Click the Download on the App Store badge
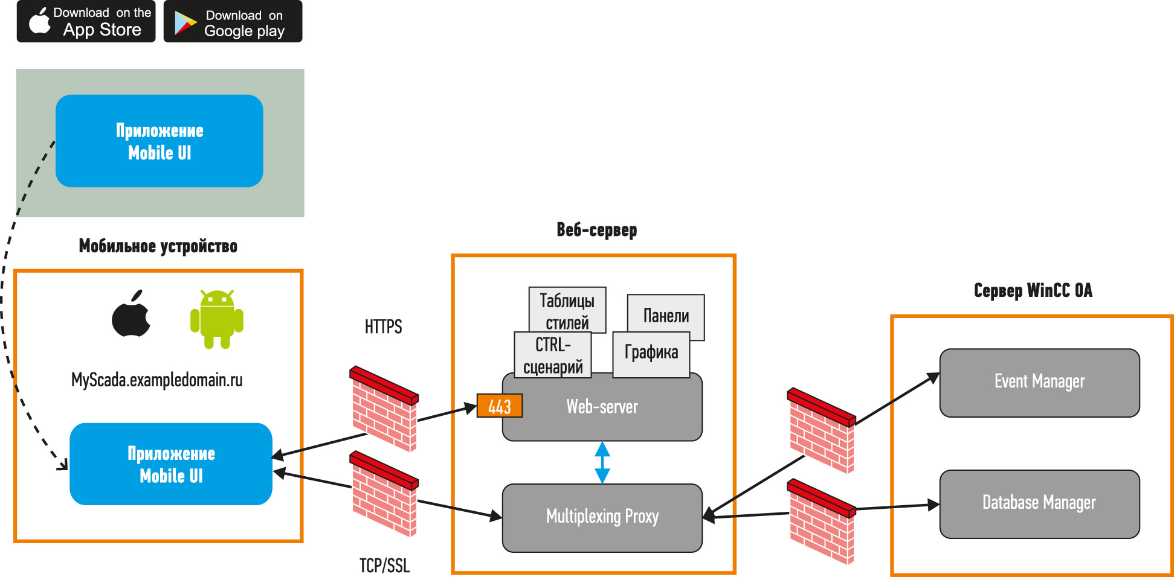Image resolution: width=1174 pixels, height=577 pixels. click(x=86, y=22)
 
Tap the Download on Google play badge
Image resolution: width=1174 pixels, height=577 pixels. click(x=233, y=22)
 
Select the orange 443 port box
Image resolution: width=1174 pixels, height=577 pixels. click(x=500, y=406)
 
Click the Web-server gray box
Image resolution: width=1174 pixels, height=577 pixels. click(x=602, y=407)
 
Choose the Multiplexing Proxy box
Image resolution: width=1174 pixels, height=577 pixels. click(x=602, y=517)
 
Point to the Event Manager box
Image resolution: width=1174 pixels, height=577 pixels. click(x=1039, y=382)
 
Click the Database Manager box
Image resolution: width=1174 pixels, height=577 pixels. click(x=1039, y=504)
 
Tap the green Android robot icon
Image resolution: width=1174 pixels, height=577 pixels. click(x=217, y=319)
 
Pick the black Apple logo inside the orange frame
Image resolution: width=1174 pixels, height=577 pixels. click(x=131, y=313)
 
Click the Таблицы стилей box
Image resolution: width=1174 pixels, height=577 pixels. click(x=567, y=310)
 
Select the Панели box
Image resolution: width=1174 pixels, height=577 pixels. click(x=666, y=316)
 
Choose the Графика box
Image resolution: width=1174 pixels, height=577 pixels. click(x=651, y=354)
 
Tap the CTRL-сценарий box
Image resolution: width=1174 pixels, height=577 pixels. click(x=553, y=355)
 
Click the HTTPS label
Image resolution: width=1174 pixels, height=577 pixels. click(x=383, y=327)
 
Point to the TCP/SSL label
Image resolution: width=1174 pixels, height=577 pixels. click(x=384, y=566)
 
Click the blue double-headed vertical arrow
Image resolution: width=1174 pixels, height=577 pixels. click(x=602, y=462)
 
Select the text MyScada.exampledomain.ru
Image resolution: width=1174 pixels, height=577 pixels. click(x=157, y=380)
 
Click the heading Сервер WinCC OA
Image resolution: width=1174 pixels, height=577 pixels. click(x=1033, y=290)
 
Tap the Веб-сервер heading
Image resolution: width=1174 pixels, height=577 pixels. click(x=597, y=229)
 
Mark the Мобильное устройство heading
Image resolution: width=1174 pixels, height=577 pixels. click(x=158, y=246)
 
